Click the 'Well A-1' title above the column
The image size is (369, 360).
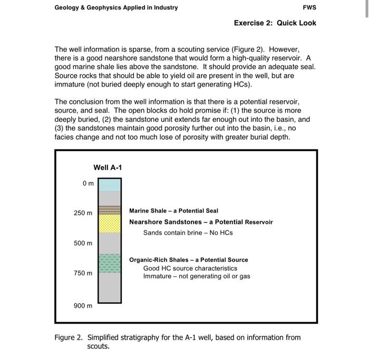108,167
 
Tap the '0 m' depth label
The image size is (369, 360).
88,183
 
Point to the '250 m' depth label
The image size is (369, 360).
83,213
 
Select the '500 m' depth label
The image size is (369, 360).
83,244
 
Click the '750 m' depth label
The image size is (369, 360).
83,274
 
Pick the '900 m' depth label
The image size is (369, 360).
83,306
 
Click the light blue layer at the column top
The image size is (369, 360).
110,184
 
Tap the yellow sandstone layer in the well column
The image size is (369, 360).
110,223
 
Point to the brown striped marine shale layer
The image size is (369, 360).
110,209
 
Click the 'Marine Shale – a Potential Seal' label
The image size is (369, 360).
173,211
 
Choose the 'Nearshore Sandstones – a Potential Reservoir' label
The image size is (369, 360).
201,222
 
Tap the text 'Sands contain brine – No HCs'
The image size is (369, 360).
188,232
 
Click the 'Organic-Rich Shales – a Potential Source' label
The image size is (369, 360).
188,260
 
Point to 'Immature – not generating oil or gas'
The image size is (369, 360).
197,276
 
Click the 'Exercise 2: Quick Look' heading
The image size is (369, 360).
275,23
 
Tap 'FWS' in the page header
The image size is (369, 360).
310,7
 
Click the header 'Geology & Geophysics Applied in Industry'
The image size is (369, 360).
116,7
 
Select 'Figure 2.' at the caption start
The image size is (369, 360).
69,338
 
